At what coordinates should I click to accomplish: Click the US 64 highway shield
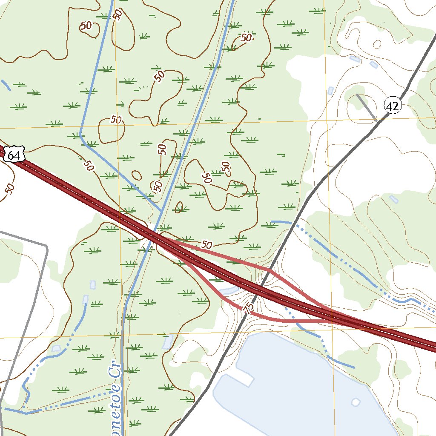(x=14, y=155)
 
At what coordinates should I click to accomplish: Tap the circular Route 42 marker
(x=392, y=106)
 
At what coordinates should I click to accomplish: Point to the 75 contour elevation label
(x=249, y=307)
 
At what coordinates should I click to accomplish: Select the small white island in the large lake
(x=355, y=402)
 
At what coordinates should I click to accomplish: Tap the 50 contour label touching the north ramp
(x=207, y=245)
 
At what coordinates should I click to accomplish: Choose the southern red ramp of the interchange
(x=272, y=319)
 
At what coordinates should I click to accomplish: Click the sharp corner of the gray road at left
(x=46, y=247)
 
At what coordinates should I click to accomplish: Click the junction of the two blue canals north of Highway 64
(x=161, y=210)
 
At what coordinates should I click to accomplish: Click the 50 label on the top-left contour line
(x=86, y=26)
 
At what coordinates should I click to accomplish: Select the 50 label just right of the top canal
(x=246, y=37)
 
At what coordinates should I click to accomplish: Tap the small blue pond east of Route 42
(x=393, y=199)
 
